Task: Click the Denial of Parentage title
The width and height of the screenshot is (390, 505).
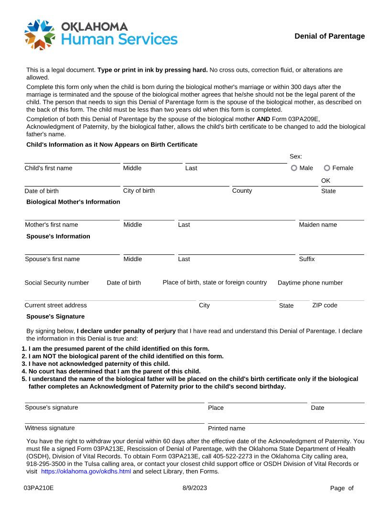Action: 329,36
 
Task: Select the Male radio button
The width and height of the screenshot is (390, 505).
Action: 294,168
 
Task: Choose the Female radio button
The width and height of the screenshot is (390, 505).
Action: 327,168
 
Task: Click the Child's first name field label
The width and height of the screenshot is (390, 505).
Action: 48,168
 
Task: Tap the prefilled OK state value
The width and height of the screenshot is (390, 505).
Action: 325,181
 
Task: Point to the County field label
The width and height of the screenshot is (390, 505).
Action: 242,191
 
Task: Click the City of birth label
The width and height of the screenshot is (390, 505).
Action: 139,191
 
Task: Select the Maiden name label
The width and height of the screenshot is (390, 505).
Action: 317,225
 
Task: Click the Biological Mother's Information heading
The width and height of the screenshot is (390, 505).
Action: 73,202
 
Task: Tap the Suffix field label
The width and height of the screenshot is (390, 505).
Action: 306,259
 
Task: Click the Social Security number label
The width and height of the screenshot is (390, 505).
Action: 56,283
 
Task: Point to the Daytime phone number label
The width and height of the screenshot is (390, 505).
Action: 310,283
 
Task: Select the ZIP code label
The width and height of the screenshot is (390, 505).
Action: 325,305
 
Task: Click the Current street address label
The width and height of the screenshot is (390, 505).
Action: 55,305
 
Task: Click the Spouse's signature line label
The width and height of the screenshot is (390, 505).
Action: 51,407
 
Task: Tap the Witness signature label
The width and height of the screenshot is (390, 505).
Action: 50,428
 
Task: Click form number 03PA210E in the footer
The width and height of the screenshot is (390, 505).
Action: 39,488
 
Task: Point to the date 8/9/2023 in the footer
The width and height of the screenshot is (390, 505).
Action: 195,488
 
